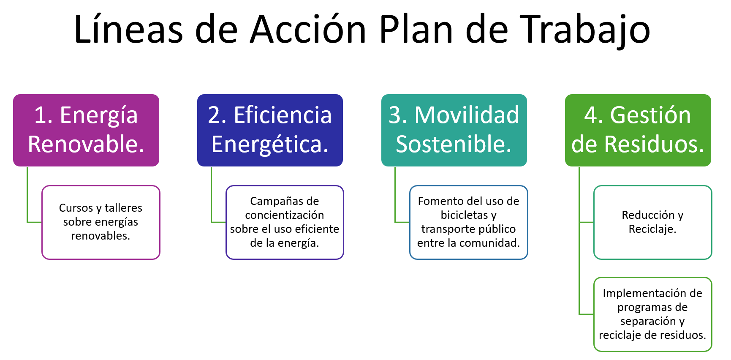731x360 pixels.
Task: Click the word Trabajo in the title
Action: (x=585, y=30)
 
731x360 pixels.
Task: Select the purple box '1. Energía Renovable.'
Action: (x=86, y=130)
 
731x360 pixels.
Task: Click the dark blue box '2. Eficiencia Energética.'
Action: (x=270, y=130)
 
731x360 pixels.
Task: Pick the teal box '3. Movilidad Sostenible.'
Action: (x=454, y=130)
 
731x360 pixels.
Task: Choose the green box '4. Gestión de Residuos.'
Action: (x=638, y=130)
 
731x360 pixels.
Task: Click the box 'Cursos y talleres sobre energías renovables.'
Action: (x=101, y=222)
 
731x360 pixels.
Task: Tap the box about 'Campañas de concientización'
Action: (x=285, y=222)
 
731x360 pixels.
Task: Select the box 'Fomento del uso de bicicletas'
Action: (x=469, y=222)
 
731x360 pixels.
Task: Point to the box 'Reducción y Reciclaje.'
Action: (x=653, y=222)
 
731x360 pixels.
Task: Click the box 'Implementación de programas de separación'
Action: (x=653, y=314)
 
